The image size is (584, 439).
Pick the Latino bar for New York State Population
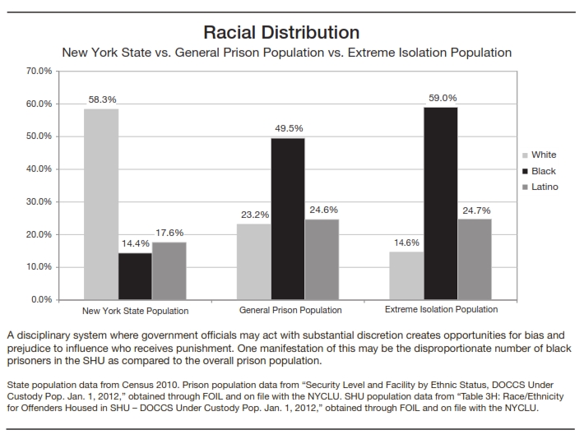[169, 270]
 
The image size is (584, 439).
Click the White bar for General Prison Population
[253, 261]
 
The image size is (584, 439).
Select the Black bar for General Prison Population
[287, 219]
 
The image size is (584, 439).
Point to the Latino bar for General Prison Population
[322, 259]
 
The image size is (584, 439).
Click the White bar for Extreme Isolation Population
[407, 275]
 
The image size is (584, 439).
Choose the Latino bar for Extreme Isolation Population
[475, 259]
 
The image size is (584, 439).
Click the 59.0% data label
[443, 98]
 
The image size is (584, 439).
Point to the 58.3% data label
[103, 99]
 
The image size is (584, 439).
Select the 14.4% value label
[135, 244]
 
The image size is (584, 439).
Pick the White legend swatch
[526, 155]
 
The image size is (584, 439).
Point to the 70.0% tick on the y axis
[39, 72]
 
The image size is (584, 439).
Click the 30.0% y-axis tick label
[39, 201]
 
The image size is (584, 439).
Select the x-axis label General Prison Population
[290, 311]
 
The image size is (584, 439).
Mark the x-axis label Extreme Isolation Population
[441, 310]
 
